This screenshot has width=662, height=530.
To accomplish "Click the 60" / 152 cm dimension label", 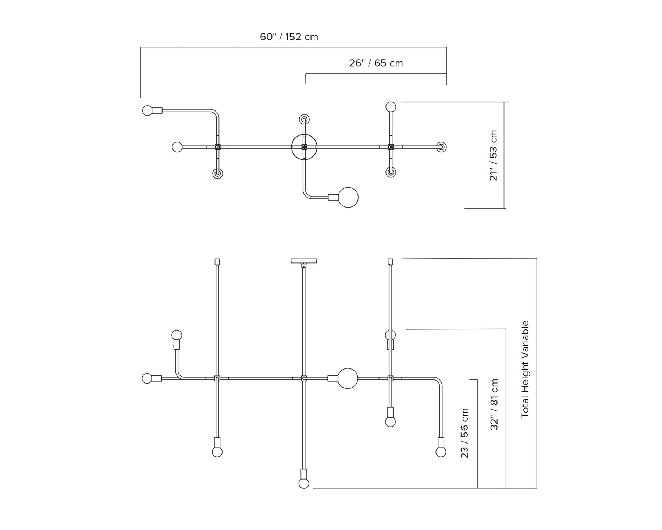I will (289, 37).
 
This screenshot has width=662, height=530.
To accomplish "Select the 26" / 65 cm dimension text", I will (376, 63).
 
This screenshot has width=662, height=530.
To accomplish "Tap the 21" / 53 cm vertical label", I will (494, 155).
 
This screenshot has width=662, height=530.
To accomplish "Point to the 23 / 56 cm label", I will (465, 433).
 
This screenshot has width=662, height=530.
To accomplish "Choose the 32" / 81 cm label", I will (494, 404).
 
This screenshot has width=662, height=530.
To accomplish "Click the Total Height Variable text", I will (525, 369).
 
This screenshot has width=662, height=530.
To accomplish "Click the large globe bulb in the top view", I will (348, 197).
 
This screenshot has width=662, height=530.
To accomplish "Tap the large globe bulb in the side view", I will (348, 378).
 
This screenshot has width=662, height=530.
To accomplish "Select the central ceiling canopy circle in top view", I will (304, 147).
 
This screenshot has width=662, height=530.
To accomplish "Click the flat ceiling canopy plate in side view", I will (304, 261).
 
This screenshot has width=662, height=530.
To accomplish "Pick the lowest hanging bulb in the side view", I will (304, 483).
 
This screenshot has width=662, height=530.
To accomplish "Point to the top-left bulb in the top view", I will (147, 110).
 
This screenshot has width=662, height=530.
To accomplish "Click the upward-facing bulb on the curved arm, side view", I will (177, 335).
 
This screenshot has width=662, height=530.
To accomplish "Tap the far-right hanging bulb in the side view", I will (441, 452).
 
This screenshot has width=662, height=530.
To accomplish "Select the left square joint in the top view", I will (217, 147).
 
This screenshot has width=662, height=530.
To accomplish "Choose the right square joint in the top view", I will (391, 147).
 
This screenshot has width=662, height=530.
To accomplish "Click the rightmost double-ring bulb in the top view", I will (441, 147).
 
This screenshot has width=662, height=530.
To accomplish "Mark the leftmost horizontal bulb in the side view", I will (147, 378).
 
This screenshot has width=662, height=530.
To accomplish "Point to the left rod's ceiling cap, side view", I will (217, 262).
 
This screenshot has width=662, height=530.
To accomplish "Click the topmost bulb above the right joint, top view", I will (391, 107).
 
